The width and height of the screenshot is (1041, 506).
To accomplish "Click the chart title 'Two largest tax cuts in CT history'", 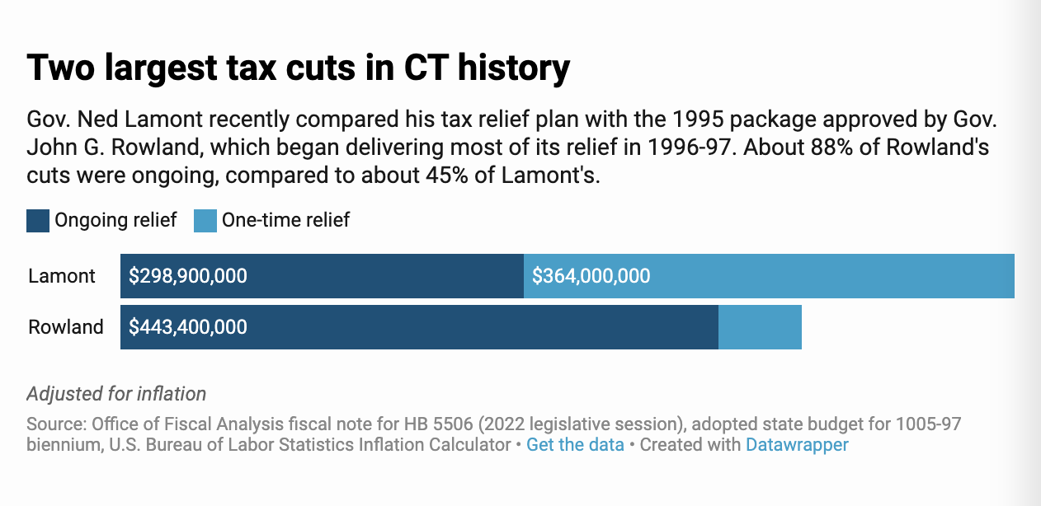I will pos(298,68).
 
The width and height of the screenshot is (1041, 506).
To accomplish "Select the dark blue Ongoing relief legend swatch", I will pos(38,221).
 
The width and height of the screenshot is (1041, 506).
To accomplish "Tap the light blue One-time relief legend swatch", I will pos(205,221).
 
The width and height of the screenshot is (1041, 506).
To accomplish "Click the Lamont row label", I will pos(62,276).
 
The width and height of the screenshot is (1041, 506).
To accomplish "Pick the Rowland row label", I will pos(66,327).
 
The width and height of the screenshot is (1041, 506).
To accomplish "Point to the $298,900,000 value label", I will pos(188,276).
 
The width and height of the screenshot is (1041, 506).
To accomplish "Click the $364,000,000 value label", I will pos(591,276).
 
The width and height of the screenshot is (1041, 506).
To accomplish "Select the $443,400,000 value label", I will pos(188,327).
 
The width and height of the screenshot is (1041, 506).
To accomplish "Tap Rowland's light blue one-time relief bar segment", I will pos(760,327).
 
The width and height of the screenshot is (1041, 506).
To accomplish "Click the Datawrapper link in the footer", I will pos(797,445).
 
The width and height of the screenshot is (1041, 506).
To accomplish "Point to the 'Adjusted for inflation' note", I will pos(116,394).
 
